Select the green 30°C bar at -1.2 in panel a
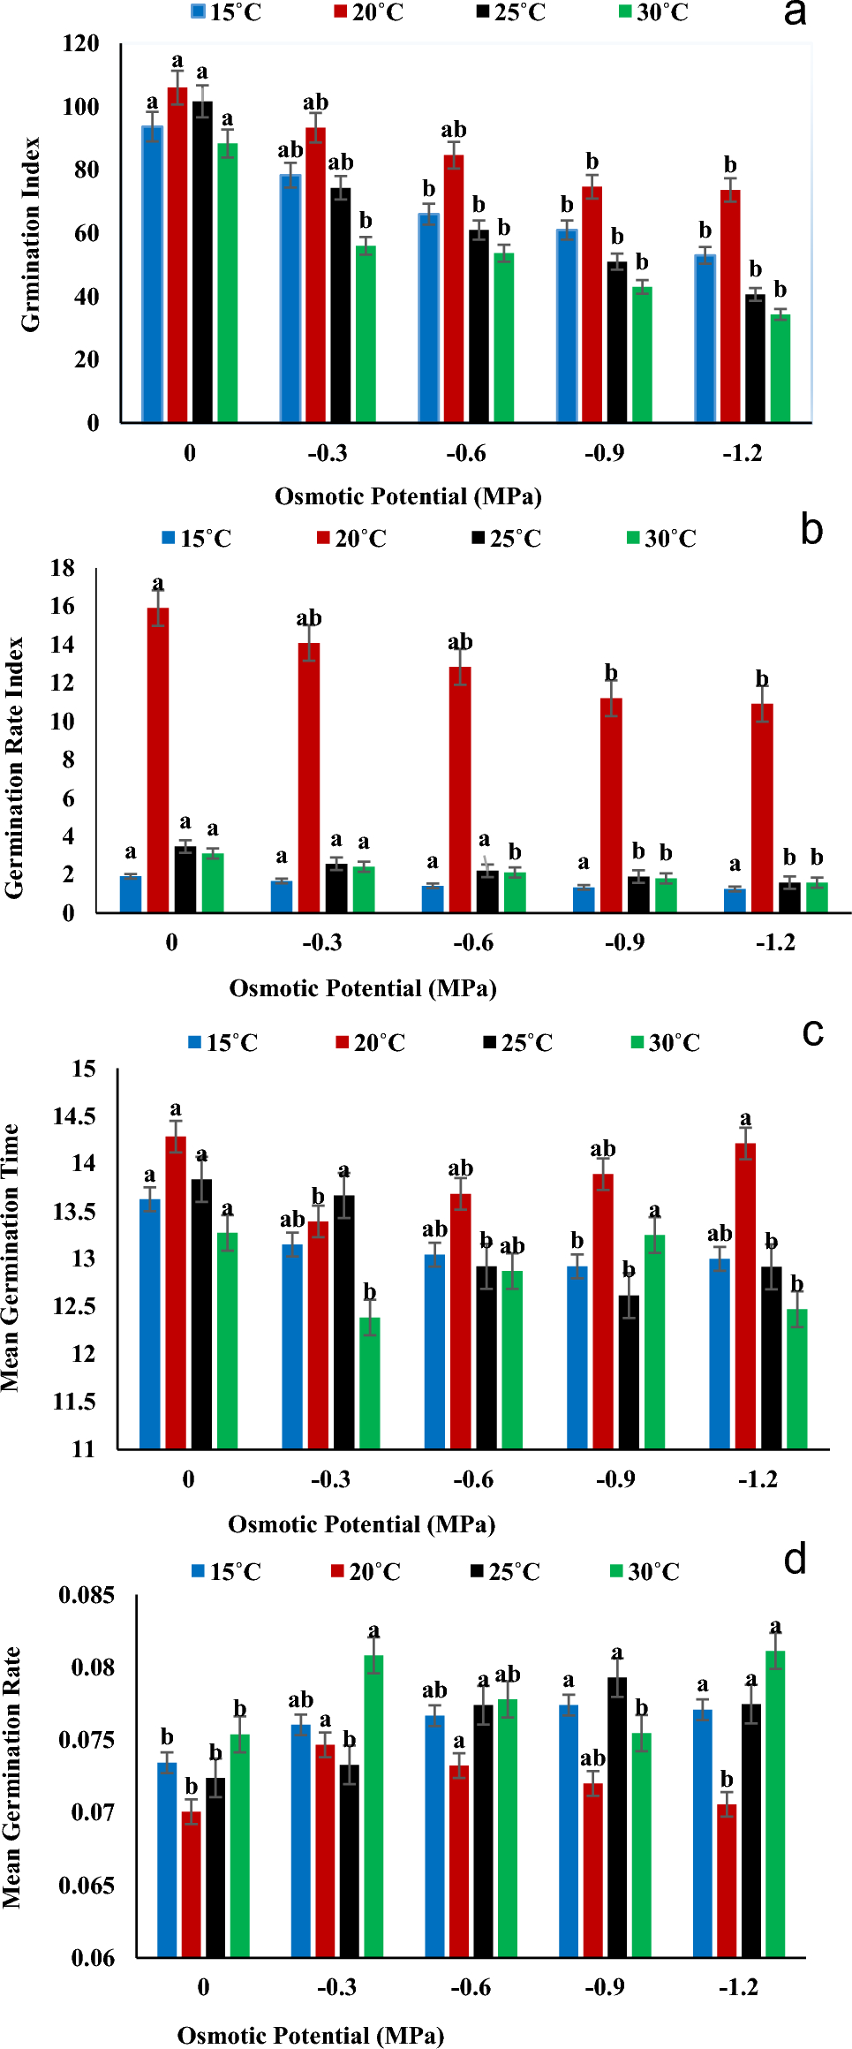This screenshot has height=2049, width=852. point(780,368)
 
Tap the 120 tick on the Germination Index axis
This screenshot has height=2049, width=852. point(81,44)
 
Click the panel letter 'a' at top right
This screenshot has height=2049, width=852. point(795,13)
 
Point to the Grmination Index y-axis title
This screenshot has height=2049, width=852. point(31,235)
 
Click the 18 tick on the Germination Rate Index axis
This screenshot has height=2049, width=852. point(63,568)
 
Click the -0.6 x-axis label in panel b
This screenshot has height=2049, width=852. point(473,942)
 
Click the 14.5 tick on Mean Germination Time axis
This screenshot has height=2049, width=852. point(75,1116)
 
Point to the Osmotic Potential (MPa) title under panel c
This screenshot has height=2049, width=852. point(361,1524)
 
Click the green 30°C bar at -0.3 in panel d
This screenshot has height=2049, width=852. point(373,1806)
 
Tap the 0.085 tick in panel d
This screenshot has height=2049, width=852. point(87,1595)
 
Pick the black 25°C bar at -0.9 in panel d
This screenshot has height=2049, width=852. point(617,1817)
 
